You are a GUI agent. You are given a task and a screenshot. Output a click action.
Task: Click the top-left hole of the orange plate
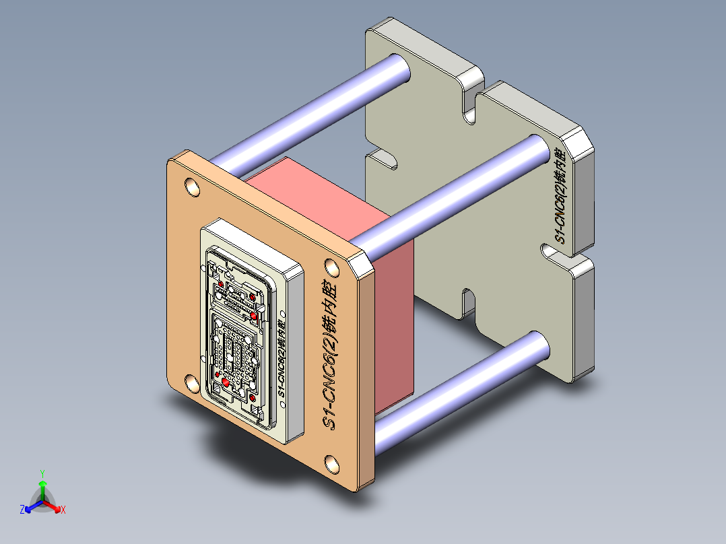click(x=192, y=186)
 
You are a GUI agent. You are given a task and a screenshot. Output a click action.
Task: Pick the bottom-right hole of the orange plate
click(x=332, y=463)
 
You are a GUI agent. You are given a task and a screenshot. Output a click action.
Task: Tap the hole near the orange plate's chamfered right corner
click(x=332, y=267)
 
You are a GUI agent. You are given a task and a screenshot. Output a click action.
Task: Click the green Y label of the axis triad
click(x=42, y=473)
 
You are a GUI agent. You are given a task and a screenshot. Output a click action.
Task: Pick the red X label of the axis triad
click(x=63, y=510)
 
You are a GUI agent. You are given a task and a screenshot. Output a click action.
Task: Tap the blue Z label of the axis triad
click(x=22, y=510)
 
